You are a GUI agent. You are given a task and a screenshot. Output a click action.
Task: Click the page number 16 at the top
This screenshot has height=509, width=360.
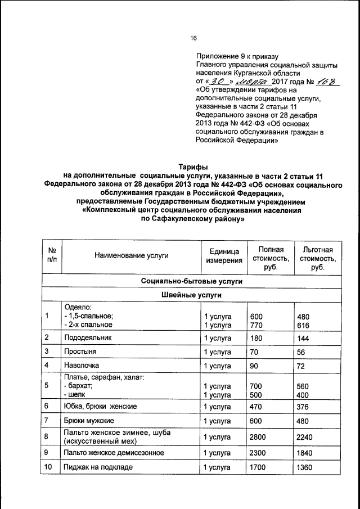pos(193,38)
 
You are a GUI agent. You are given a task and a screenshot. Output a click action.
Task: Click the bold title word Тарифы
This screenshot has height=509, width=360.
pos(193,167)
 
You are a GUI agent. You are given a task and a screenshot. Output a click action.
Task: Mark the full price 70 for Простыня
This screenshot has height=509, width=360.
pos(254,352)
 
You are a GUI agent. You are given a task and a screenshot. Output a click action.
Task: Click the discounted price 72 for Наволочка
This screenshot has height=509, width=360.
pos(301,366)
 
